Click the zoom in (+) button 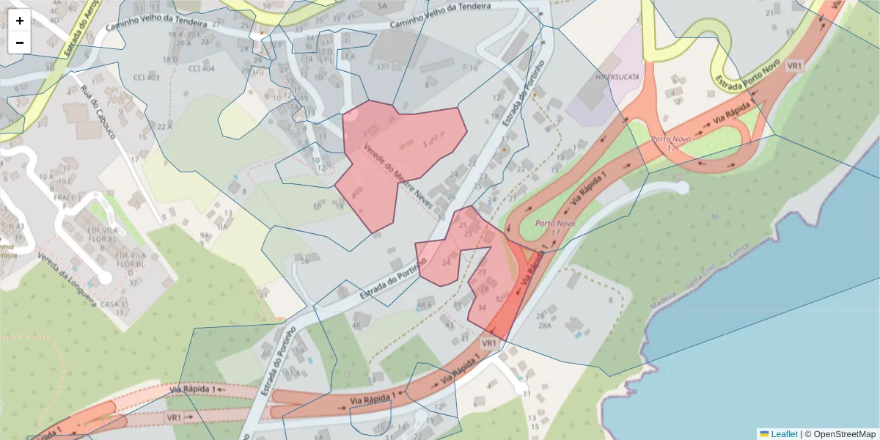pyautogui.click(x=20, y=21)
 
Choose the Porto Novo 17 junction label pyautogui.click(x=672, y=143)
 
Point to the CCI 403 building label pyautogui.click(x=146, y=77)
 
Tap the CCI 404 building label pyautogui.click(x=202, y=69)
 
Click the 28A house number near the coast pyautogui.click(x=543, y=326)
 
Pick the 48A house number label pyautogui.click(x=424, y=305)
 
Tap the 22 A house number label pyautogui.click(x=164, y=127)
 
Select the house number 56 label pyautogui.click(x=303, y=260)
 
